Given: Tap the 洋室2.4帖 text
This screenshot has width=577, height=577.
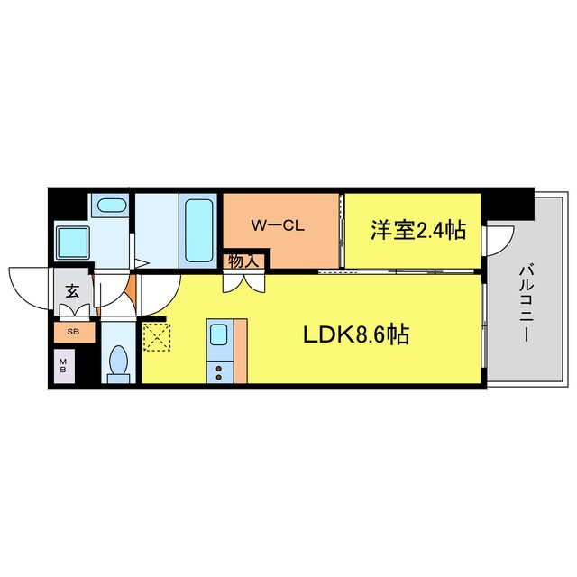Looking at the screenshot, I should (x=417, y=231).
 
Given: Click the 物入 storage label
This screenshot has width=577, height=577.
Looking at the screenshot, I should (x=243, y=261).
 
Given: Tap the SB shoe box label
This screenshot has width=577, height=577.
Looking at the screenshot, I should (x=71, y=331).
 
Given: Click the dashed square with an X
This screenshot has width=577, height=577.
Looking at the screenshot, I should (x=156, y=338).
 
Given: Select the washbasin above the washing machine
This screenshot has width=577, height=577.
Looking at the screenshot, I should (x=112, y=205).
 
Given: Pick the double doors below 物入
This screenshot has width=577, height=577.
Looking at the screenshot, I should (x=243, y=279).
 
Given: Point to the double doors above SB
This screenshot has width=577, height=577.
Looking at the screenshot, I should (x=72, y=311).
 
